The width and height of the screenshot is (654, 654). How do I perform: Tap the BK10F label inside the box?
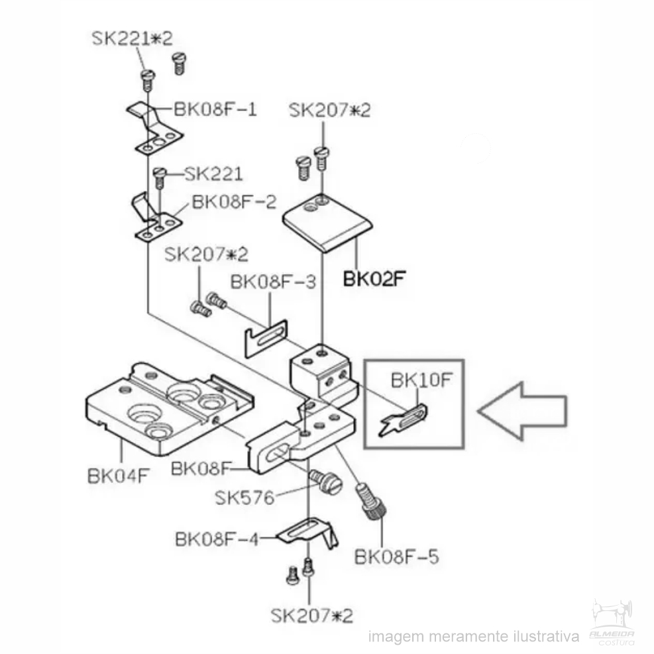421,380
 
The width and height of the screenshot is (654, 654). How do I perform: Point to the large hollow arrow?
522,411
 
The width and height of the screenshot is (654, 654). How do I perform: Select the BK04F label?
118,476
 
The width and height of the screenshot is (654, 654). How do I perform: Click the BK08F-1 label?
215,109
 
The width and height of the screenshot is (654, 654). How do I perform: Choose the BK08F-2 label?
234,202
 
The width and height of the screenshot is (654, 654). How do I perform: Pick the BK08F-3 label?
273,282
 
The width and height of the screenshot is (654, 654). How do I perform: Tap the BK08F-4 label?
217,539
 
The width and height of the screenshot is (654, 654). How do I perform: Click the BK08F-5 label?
396,557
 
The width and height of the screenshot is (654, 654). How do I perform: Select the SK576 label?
245,497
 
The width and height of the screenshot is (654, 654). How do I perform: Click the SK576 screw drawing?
326,481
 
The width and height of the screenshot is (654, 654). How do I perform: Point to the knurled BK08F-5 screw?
371,501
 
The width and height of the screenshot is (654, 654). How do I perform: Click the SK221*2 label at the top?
132,38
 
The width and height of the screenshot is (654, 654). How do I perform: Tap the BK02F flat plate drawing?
327,223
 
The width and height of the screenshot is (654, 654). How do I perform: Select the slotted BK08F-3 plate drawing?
266,338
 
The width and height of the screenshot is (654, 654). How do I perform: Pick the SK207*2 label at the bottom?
312,615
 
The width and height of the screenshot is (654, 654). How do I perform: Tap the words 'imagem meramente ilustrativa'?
474,637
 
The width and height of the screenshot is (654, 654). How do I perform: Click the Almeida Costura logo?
612,622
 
